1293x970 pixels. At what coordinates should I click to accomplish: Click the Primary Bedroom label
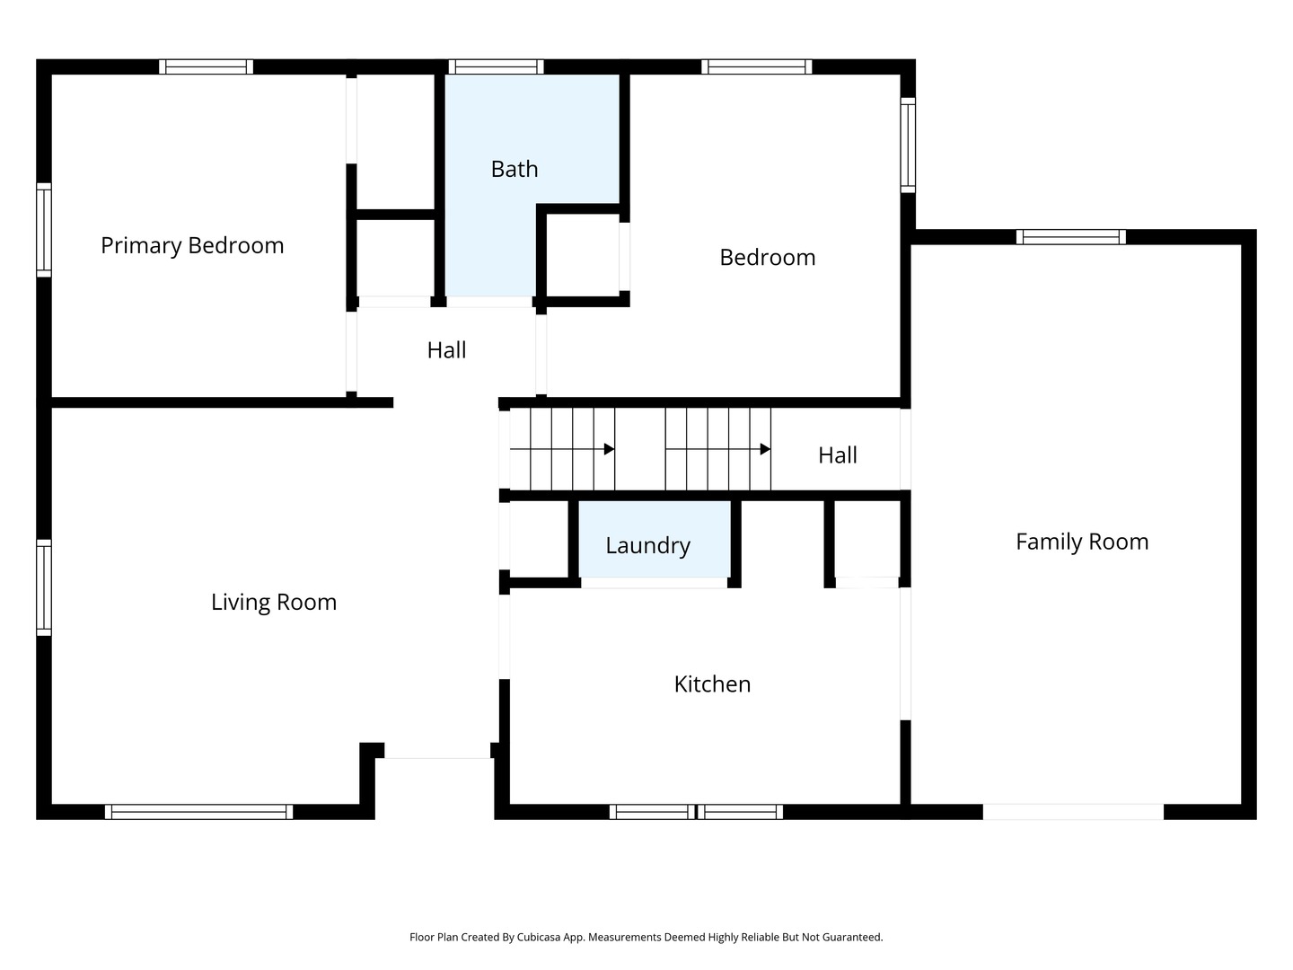[x=192, y=245]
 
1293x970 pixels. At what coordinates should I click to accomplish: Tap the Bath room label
[x=515, y=169]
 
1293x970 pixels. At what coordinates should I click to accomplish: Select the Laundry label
[x=647, y=545]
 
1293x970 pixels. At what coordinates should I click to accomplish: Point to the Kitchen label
[x=712, y=683]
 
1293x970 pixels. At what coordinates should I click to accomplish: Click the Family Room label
[x=1082, y=542]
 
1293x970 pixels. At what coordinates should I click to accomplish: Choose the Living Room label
[x=274, y=602]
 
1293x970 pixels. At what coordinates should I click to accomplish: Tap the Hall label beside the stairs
[x=838, y=455]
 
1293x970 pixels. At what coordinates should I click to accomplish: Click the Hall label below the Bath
[x=446, y=350]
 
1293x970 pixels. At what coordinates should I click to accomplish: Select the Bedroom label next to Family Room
[x=768, y=258]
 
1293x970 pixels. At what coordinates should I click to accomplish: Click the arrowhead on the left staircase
[x=610, y=449]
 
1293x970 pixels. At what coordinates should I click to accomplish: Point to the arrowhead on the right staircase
[x=765, y=449]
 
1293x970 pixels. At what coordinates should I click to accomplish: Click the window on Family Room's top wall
[x=1070, y=237]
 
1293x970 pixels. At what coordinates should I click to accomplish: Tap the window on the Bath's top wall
[x=496, y=66]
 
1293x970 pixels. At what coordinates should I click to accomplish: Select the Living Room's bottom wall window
[x=198, y=812]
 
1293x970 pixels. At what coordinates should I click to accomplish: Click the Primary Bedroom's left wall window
[x=44, y=230]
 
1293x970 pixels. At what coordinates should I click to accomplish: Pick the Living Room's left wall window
[x=44, y=587]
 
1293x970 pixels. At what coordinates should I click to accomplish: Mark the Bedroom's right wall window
[x=908, y=145]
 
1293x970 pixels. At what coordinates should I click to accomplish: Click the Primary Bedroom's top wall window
[x=206, y=66]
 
